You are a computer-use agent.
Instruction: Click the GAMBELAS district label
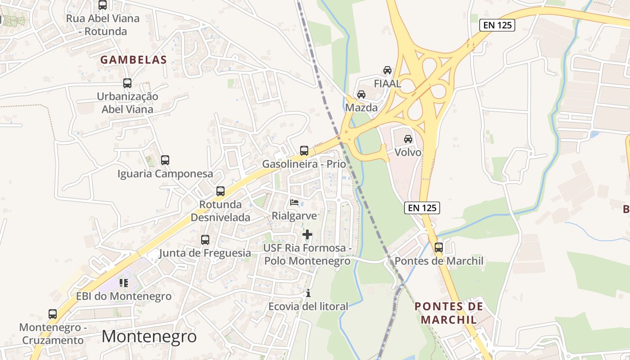(x=133, y=59)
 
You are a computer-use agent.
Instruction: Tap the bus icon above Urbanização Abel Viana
(x=127, y=83)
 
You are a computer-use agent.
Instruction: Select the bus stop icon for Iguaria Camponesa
(x=165, y=160)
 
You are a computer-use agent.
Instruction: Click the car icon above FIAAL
(x=387, y=70)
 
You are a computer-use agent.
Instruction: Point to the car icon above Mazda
(x=361, y=94)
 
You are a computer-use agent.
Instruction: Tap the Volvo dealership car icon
(x=408, y=139)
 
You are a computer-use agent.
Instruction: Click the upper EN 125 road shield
(x=497, y=25)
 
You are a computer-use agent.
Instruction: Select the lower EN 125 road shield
(x=422, y=207)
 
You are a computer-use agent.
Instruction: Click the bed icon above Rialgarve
(x=294, y=202)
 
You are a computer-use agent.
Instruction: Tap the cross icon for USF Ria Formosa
(x=307, y=234)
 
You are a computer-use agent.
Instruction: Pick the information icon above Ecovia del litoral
(x=308, y=293)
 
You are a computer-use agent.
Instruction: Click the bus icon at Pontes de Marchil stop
(x=438, y=247)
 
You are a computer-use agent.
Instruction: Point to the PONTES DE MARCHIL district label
(x=449, y=313)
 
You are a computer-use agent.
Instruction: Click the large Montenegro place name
(x=149, y=337)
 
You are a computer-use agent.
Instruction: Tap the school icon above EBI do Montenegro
(x=124, y=283)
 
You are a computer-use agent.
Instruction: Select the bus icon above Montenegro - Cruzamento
(x=53, y=314)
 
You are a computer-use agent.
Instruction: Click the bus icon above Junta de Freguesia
(x=205, y=240)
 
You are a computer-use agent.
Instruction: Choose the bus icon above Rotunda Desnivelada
(x=220, y=191)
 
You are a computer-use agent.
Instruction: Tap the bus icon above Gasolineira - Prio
(x=304, y=151)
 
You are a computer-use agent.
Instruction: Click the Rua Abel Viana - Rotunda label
(x=103, y=25)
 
